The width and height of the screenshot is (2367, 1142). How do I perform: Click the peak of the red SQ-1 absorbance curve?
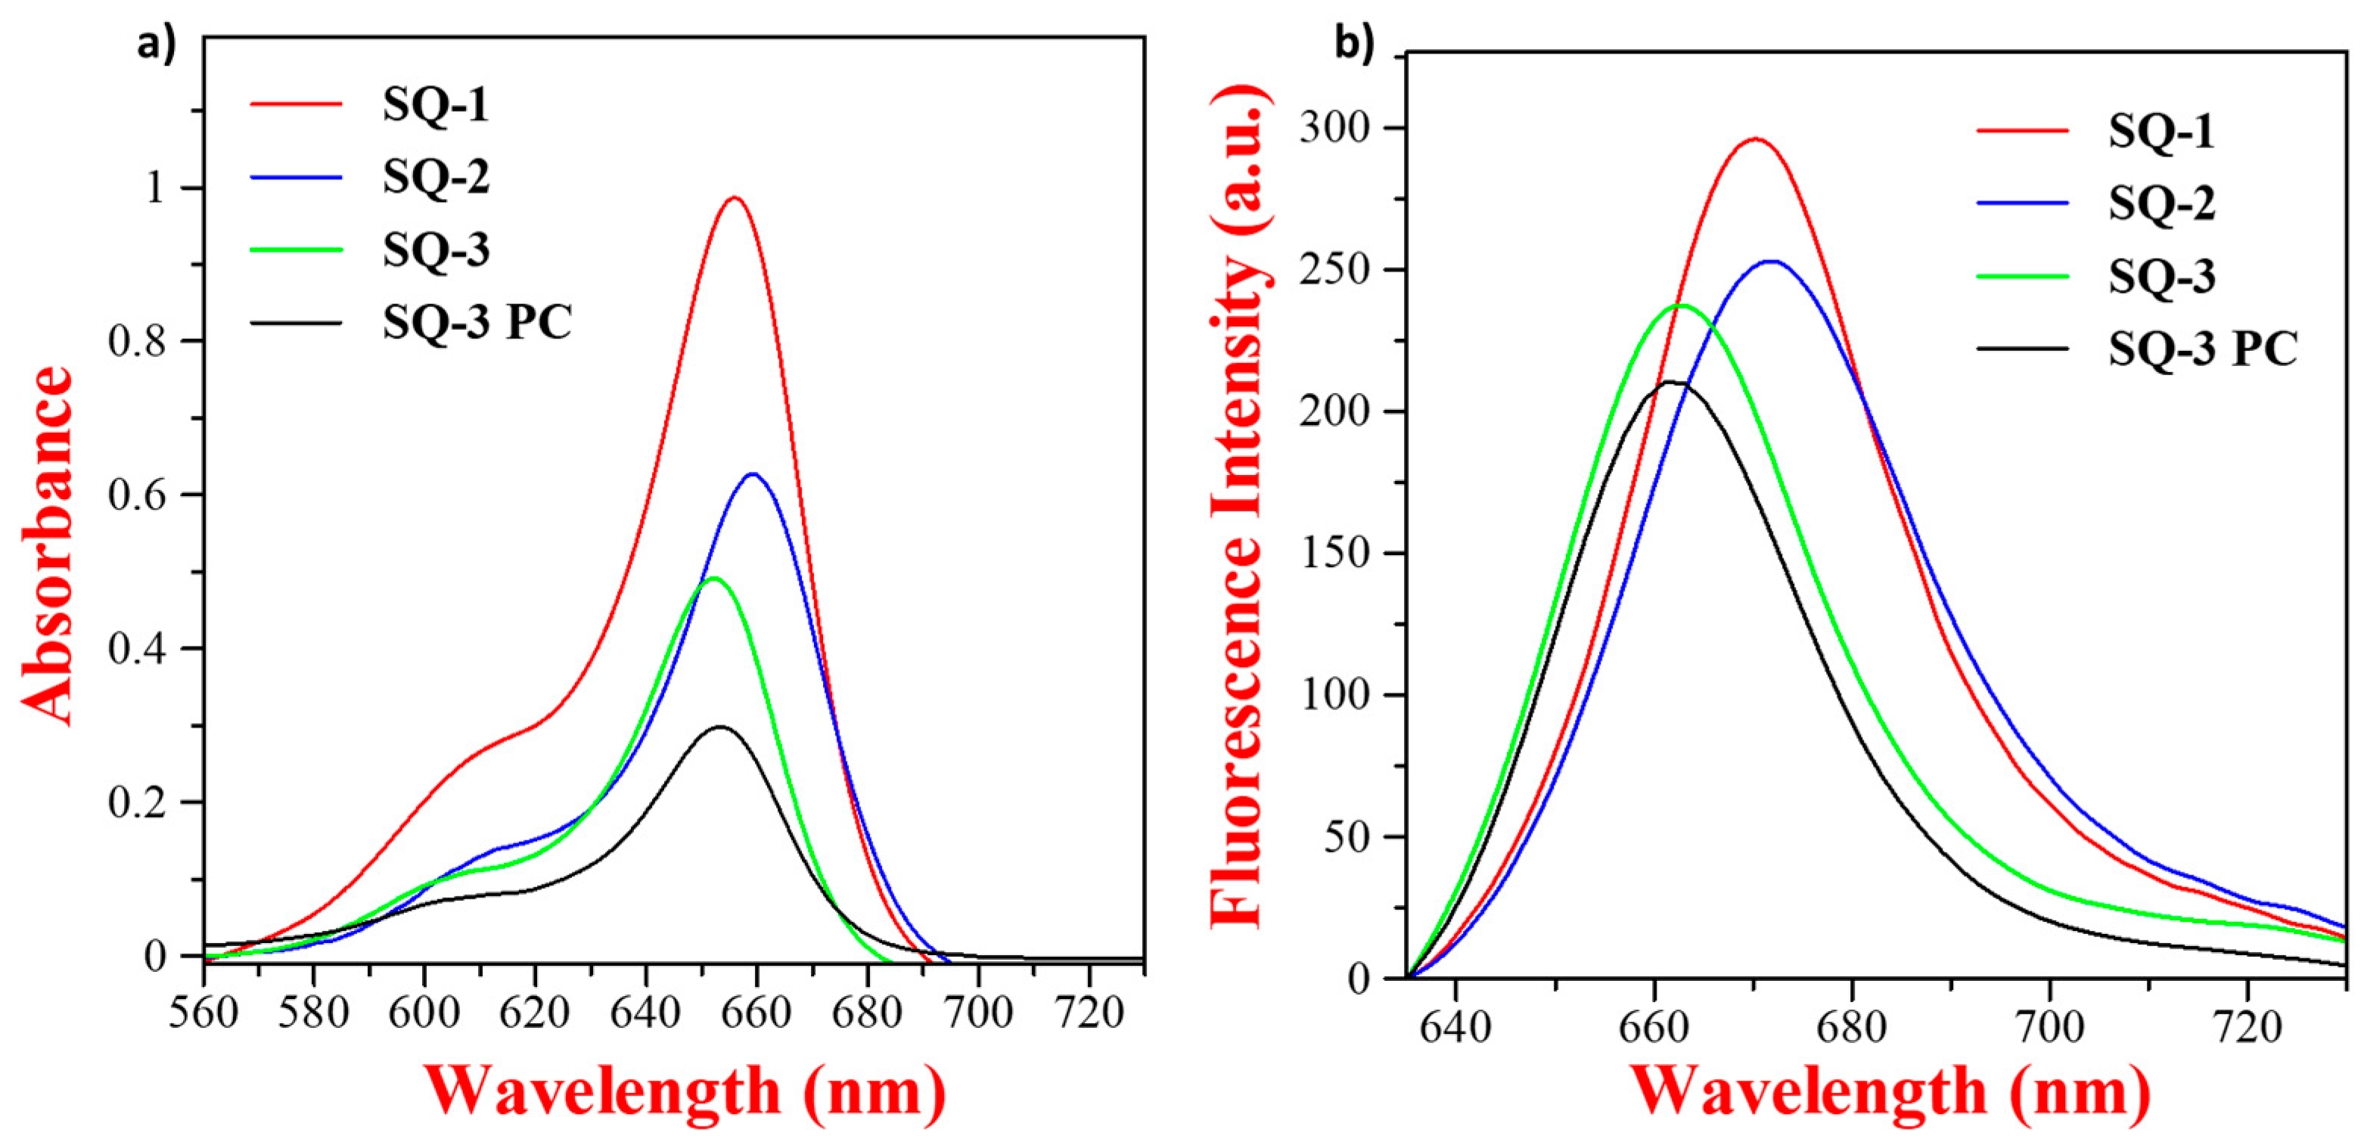(x=735, y=197)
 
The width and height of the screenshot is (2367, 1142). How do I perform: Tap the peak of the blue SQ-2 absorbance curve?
(x=753, y=474)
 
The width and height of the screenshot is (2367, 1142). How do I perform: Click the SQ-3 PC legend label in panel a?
(x=477, y=321)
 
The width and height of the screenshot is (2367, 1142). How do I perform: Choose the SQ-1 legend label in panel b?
(x=2161, y=132)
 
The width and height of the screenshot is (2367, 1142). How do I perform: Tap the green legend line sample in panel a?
(x=296, y=250)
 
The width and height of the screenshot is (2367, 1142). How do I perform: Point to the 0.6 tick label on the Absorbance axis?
(x=137, y=495)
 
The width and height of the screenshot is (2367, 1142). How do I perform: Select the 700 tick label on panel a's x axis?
(x=977, y=1013)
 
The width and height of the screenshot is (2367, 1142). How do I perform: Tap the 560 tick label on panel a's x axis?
(x=204, y=1013)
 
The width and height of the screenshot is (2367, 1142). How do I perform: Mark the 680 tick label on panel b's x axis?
(x=1852, y=1027)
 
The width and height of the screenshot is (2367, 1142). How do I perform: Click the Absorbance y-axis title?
(x=46, y=546)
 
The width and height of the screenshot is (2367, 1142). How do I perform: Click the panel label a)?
(x=156, y=43)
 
